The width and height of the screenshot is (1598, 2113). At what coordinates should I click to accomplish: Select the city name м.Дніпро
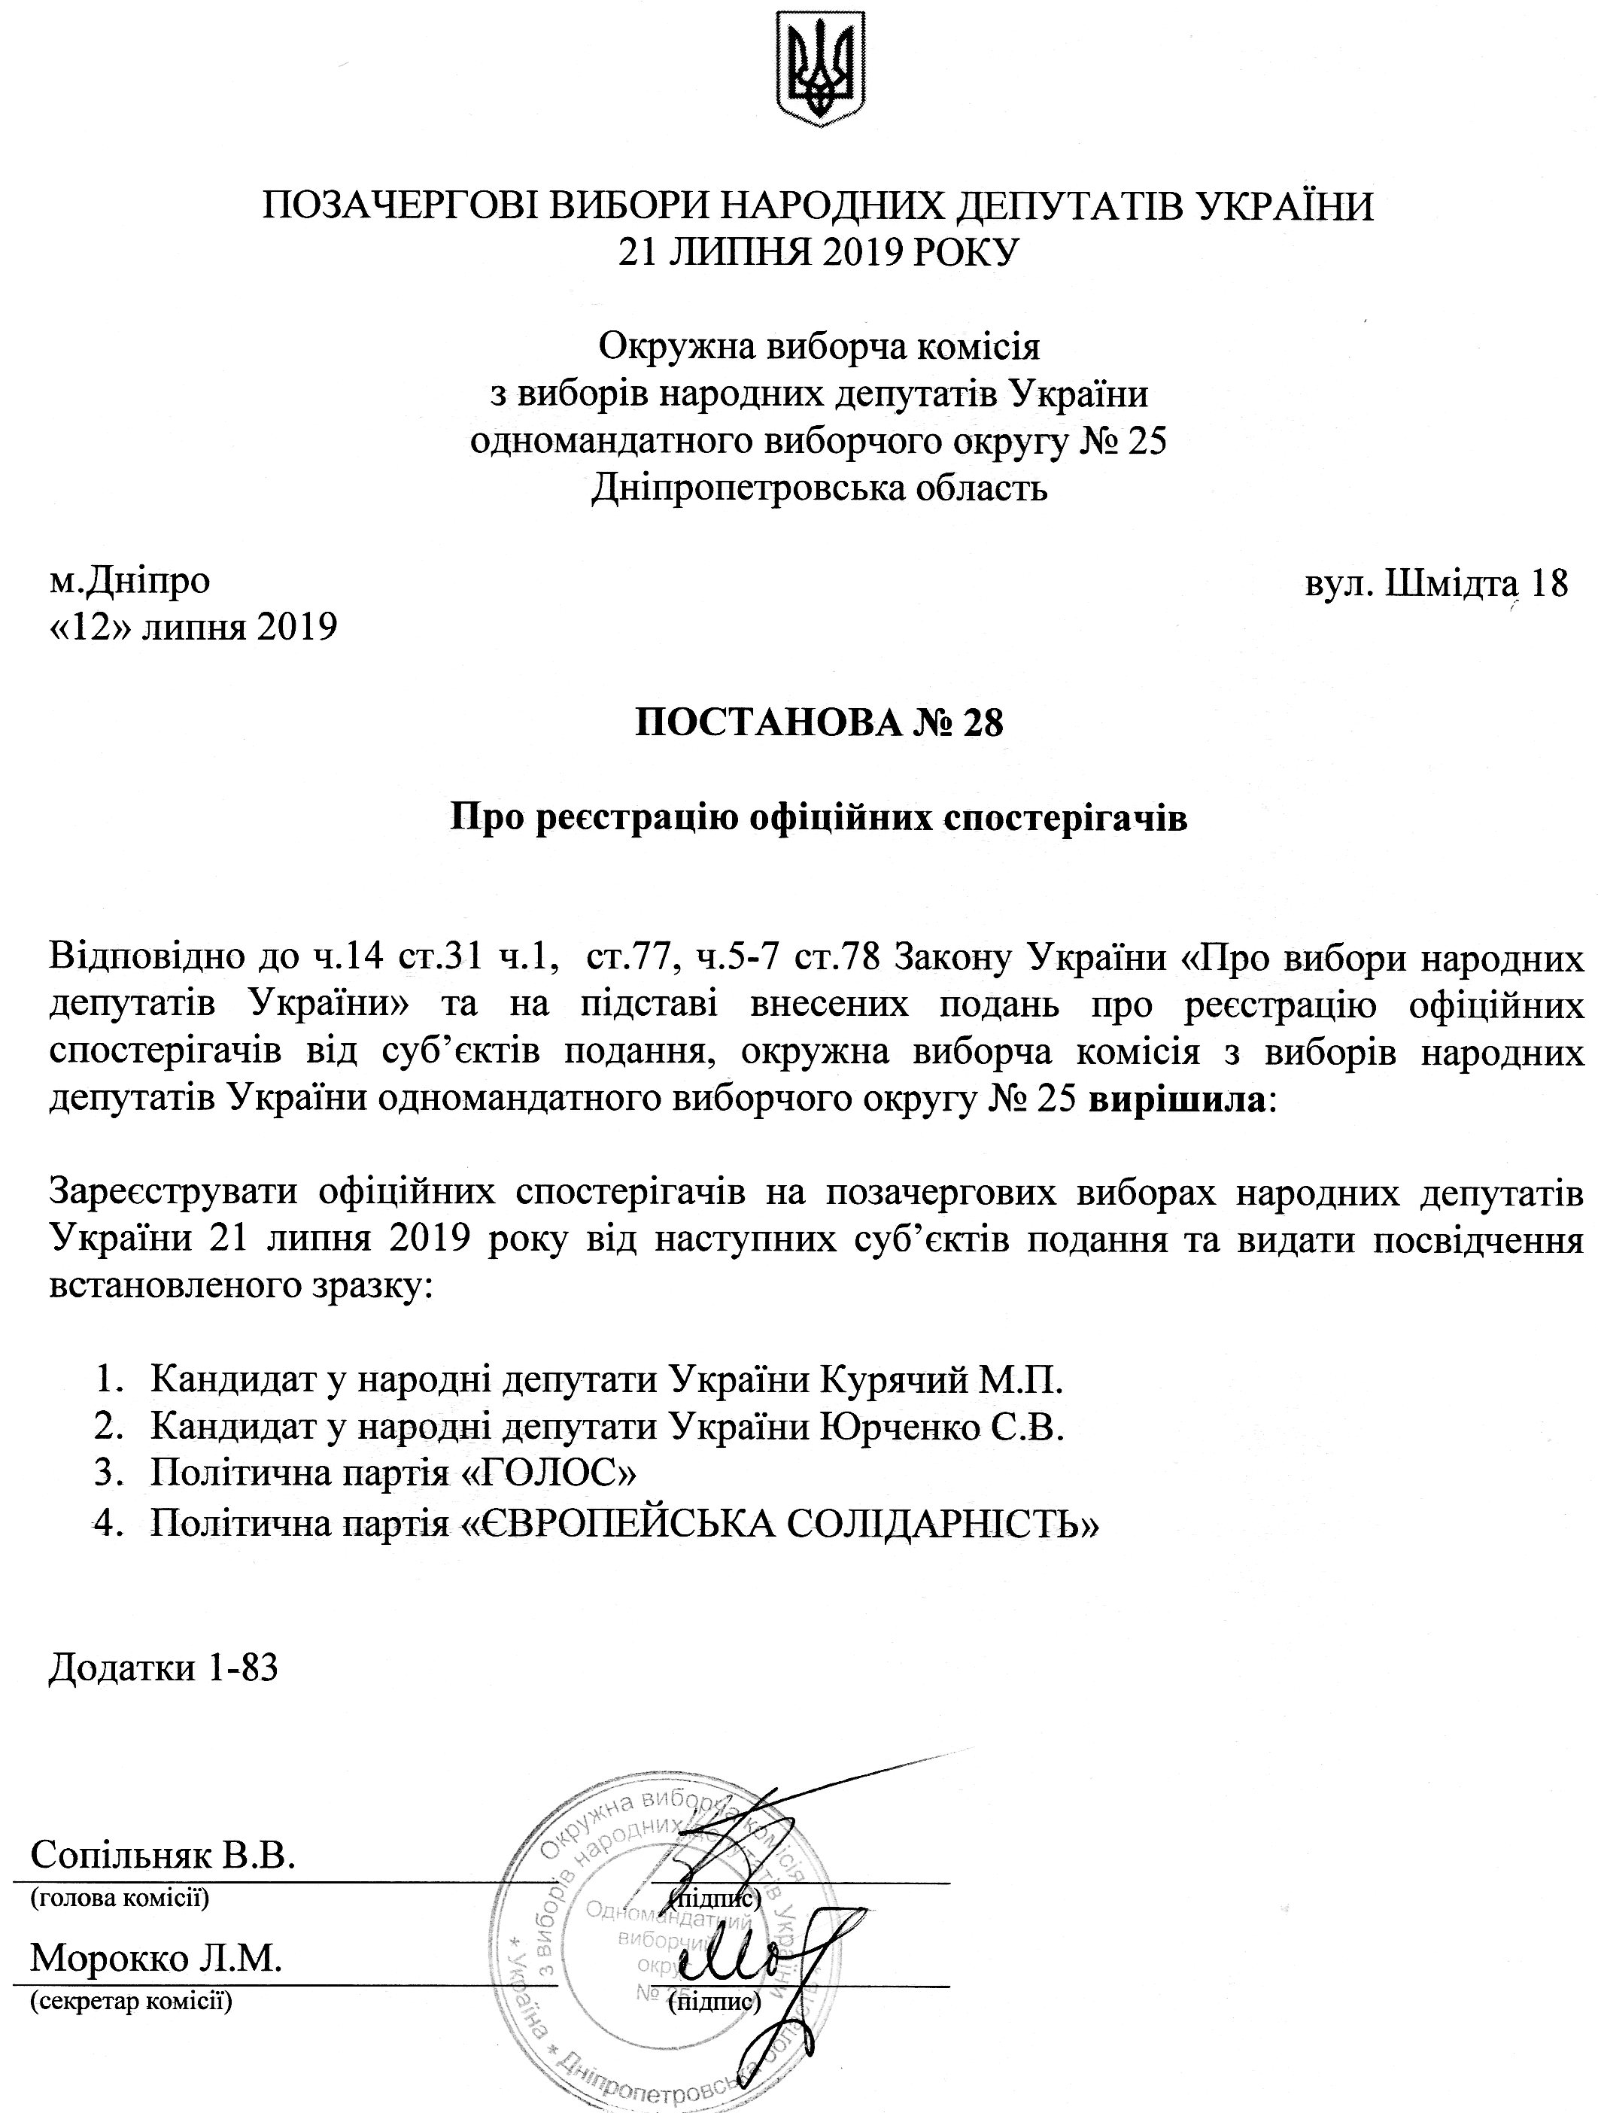pyautogui.click(x=130, y=580)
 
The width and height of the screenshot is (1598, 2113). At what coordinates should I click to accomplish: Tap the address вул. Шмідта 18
pyautogui.click(x=1435, y=582)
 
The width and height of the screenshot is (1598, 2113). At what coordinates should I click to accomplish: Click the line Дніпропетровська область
pyautogui.click(x=819, y=488)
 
